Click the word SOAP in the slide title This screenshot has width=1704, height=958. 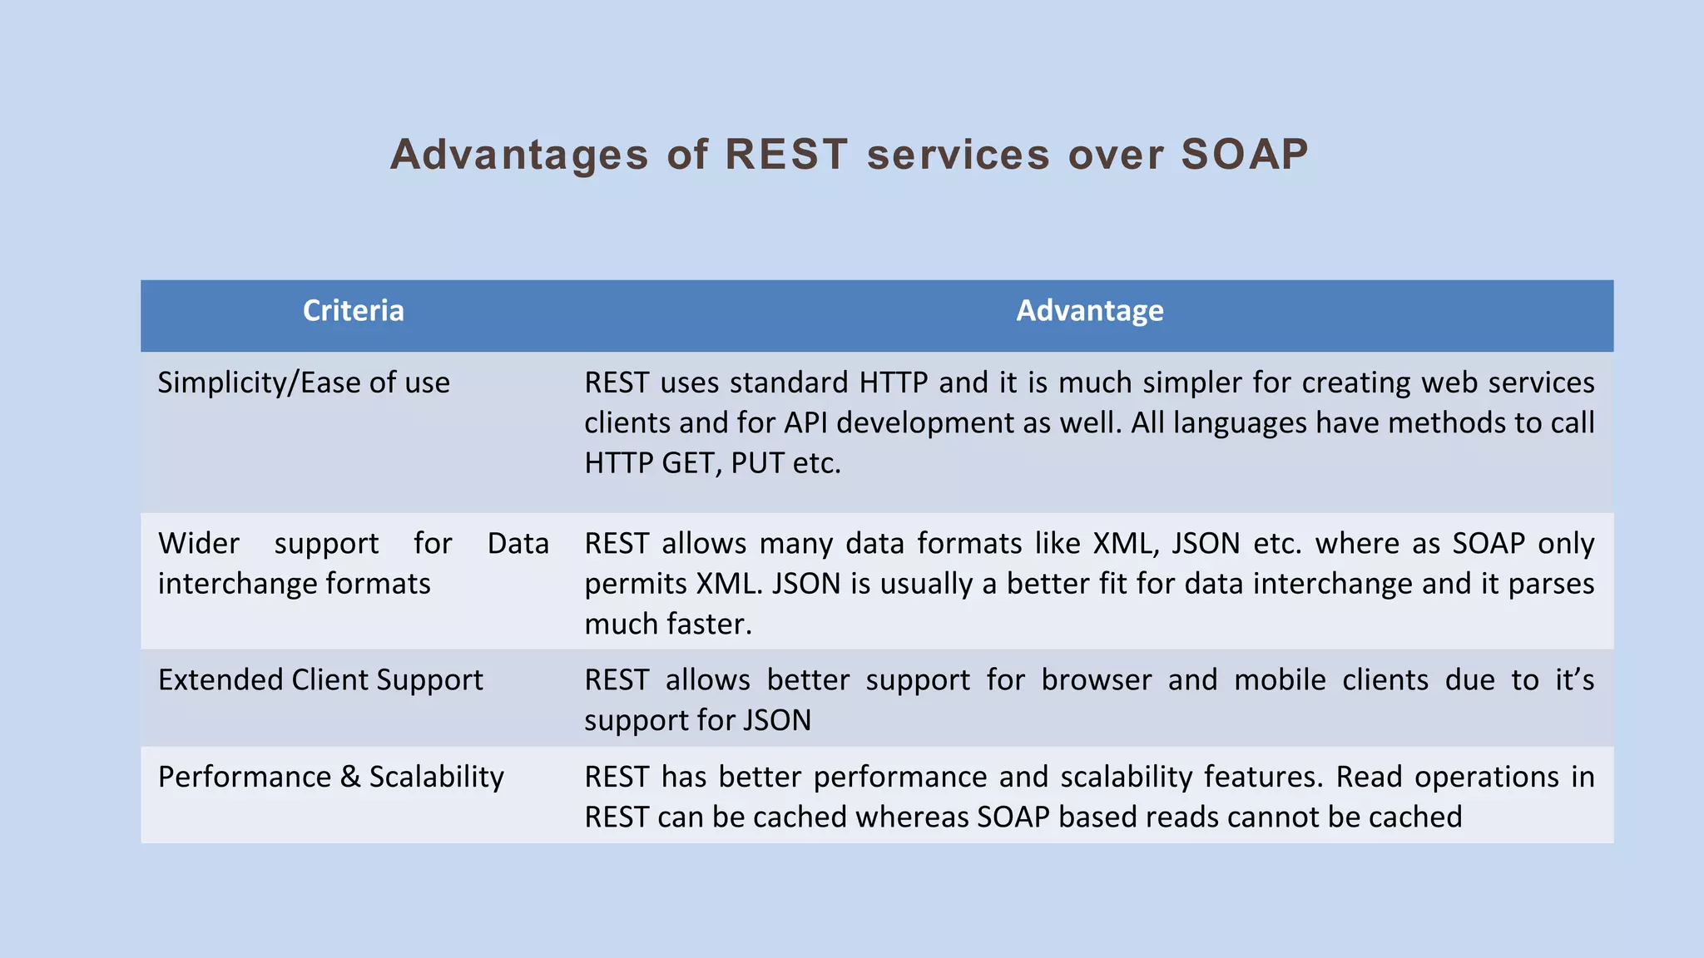[1244, 155]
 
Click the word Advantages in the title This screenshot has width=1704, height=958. [519, 155]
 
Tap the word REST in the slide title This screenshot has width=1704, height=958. [786, 155]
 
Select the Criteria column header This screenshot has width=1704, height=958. [353, 311]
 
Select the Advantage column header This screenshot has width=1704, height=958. [1089, 311]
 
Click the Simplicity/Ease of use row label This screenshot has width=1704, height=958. [304, 383]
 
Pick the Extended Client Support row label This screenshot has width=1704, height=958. [320, 680]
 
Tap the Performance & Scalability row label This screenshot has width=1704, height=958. [330, 777]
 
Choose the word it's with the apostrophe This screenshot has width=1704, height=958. [1574, 680]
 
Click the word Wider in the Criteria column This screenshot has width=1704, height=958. [199, 544]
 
